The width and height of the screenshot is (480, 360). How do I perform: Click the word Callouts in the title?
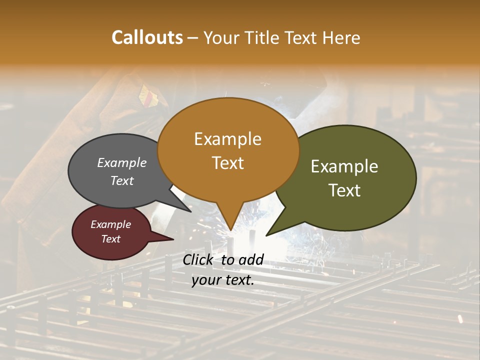click(147, 37)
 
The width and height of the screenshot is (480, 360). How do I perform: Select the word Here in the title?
click(342, 37)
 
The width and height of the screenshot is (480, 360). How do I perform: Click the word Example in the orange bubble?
click(227, 139)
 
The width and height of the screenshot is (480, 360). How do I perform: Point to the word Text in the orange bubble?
click(227, 163)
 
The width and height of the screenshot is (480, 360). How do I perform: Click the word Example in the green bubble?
click(344, 166)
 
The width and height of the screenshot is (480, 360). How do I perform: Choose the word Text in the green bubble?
click(344, 190)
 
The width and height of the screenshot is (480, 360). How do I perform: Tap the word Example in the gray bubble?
click(122, 162)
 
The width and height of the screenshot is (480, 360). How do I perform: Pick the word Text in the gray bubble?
click(122, 180)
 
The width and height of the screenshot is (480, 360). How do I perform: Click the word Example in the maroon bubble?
click(110, 224)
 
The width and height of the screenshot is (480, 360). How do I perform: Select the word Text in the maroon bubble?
click(110, 239)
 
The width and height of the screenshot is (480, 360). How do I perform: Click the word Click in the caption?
click(199, 259)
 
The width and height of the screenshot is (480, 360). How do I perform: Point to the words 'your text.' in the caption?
click(222, 280)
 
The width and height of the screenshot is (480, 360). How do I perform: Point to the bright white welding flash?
click(250, 240)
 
